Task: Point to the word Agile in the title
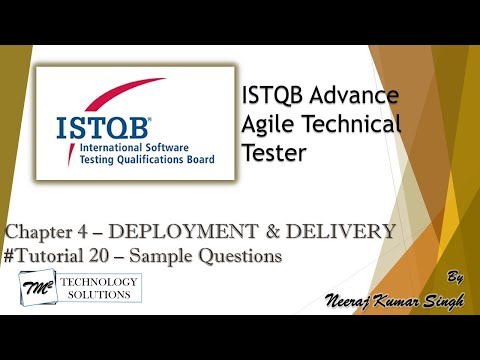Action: [x=269, y=124]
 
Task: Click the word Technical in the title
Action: [x=351, y=124]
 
